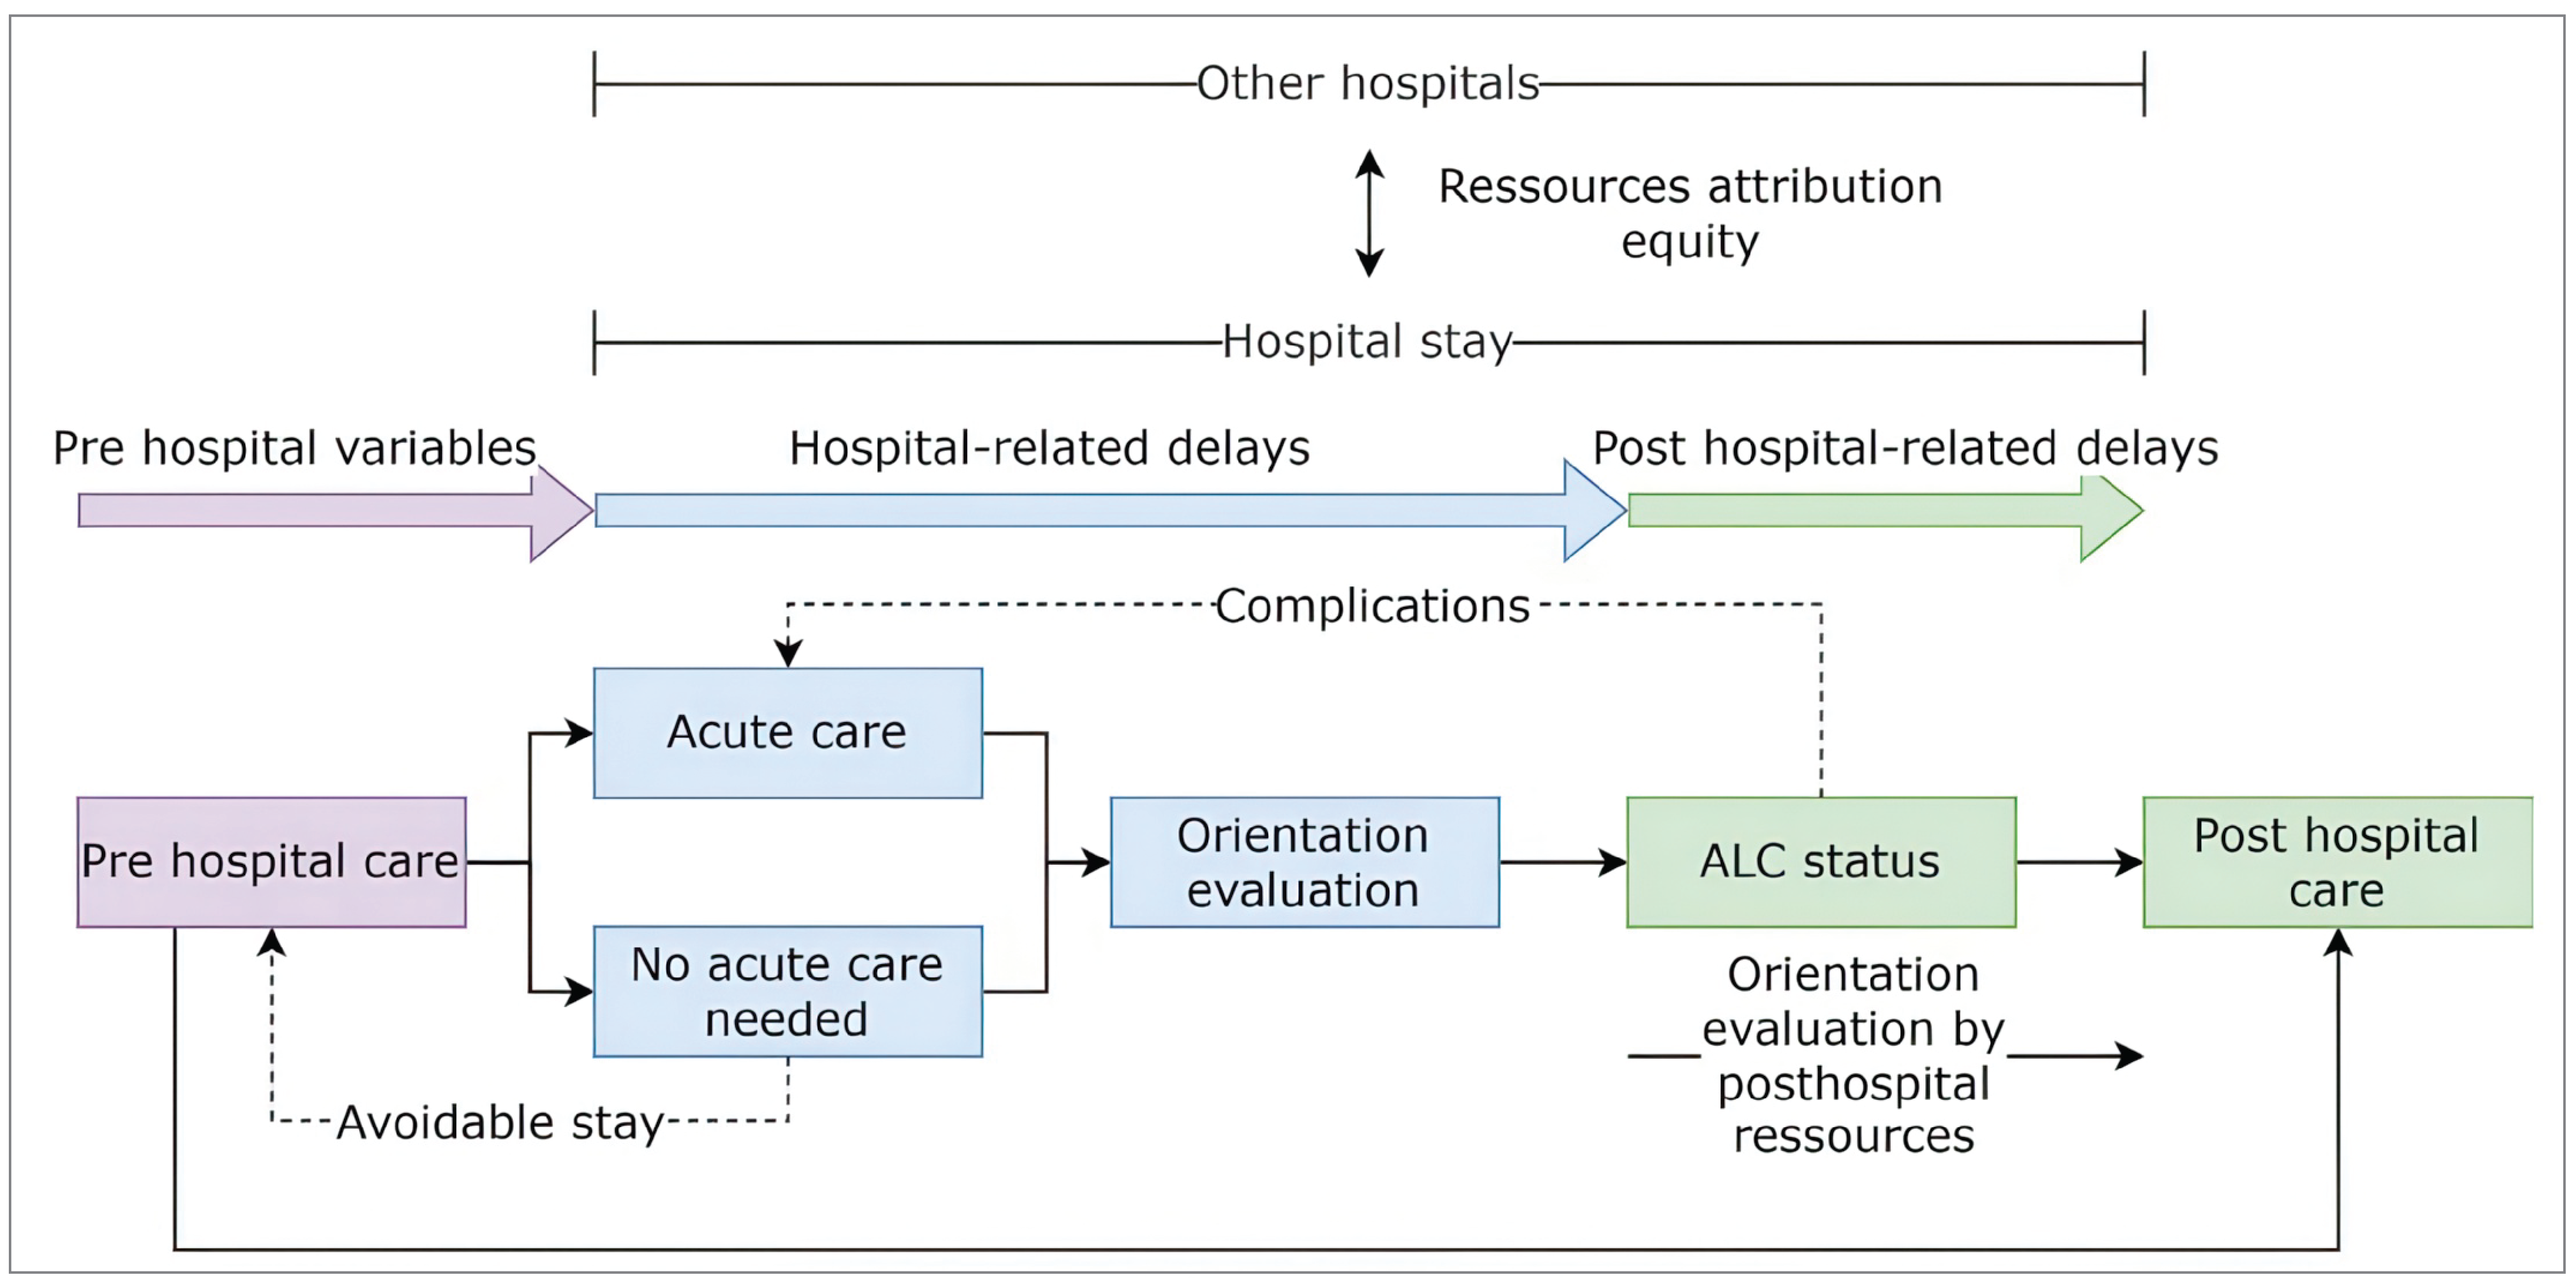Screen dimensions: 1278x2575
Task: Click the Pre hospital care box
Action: click(x=271, y=861)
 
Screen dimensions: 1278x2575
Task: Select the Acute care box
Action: click(x=788, y=732)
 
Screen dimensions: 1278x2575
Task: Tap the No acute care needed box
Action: click(x=788, y=991)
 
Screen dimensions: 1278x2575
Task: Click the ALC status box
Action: click(x=1820, y=861)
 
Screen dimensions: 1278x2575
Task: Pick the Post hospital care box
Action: click(x=2336, y=861)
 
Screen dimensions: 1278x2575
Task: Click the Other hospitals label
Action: click(x=1367, y=84)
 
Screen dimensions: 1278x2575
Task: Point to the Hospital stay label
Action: click(x=1367, y=342)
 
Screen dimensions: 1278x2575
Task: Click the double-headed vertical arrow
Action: click(x=1369, y=213)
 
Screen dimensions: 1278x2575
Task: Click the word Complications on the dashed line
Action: click(x=1372, y=605)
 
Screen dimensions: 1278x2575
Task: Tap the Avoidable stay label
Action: click(x=500, y=1122)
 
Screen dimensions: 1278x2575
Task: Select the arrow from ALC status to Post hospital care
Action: click(x=2079, y=861)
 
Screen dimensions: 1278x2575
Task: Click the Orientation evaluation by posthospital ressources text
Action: click(x=1853, y=1055)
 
